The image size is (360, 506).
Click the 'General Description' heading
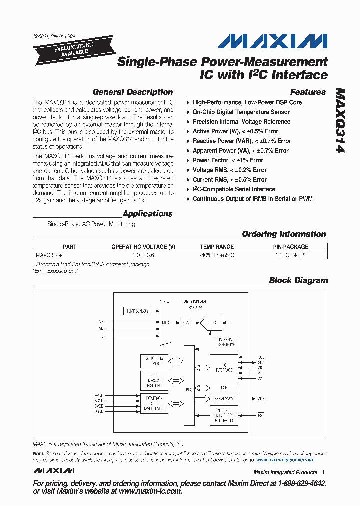[133, 92]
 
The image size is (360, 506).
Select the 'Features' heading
[308, 92]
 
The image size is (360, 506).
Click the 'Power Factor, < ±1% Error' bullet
[228, 160]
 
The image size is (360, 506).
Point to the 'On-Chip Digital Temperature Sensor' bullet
[241, 112]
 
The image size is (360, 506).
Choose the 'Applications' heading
[147, 214]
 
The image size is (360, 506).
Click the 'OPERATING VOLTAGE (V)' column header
[143, 247]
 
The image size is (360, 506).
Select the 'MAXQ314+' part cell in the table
[49, 254]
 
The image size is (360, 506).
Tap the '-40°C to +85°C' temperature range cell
[217, 254]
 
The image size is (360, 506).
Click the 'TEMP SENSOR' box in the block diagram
[136, 311]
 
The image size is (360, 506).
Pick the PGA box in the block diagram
[186, 322]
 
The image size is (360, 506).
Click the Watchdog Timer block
[154, 361]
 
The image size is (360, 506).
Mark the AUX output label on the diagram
[261, 398]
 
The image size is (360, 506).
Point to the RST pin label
[261, 415]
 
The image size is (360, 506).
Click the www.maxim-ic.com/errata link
[284, 459]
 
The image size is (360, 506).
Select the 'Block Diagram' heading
[298, 281]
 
